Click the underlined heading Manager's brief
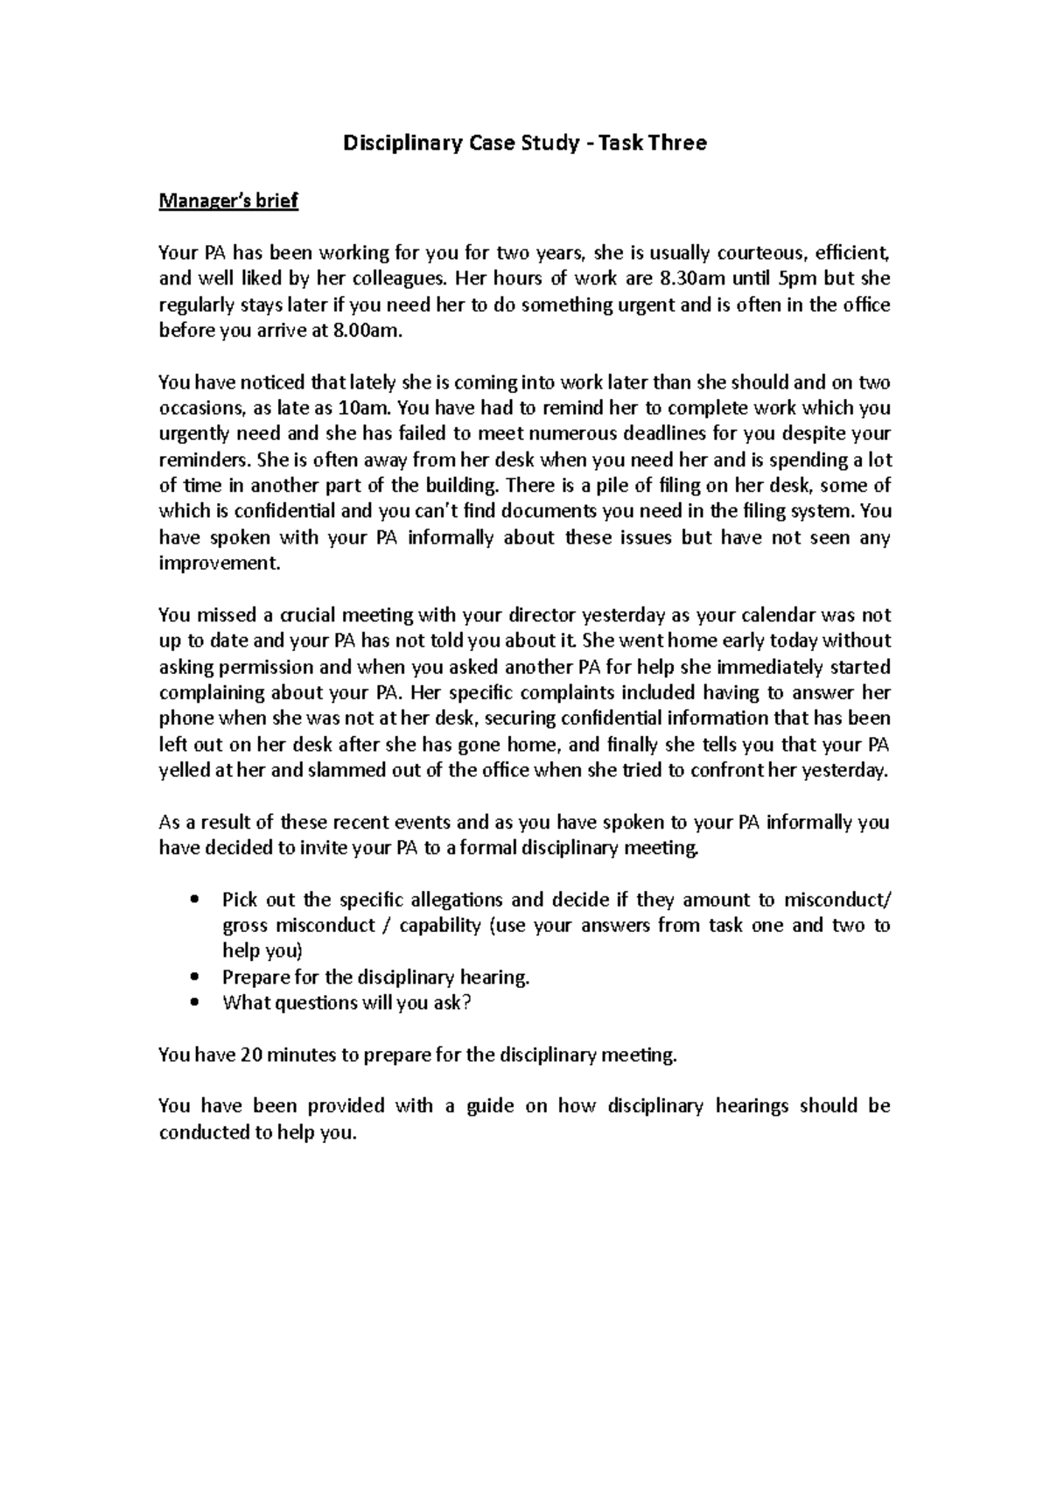point(228,201)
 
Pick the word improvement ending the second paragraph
point(220,563)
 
